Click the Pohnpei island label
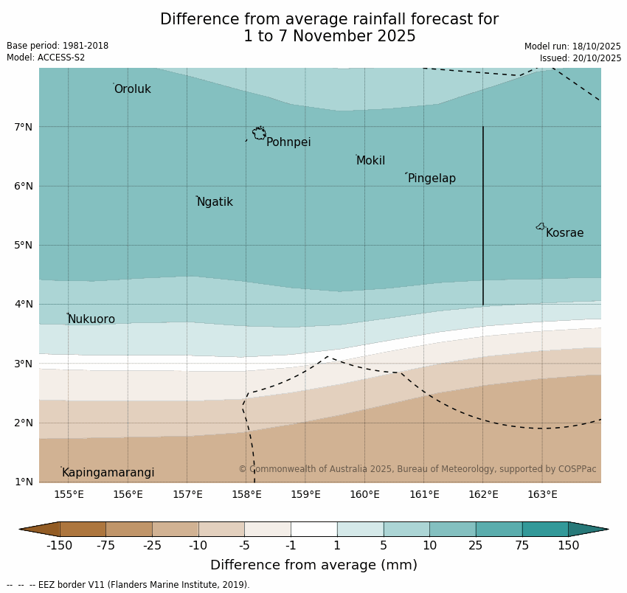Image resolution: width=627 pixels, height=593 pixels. [x=288, y=142]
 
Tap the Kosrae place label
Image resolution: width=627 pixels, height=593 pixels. [x=564, y=233]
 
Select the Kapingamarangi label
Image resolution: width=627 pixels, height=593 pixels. [x=108, y=473]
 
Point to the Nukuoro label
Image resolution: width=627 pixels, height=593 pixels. [x=91, y=319]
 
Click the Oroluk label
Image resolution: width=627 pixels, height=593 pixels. [x=132, y=89]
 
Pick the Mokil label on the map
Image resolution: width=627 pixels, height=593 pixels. [x=370, y=161]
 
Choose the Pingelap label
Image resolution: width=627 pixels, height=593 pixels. [x=432, y=178]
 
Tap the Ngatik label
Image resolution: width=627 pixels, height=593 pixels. [x=215, y=202]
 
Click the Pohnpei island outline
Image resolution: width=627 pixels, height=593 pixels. [x=259, y=133]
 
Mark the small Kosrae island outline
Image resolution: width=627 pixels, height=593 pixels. [x=541, y=226]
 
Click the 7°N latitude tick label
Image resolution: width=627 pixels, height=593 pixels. [x=23, y=127]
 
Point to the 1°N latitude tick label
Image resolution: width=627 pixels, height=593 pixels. [x=23, y=482]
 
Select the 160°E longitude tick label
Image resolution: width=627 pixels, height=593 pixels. [x=364, y=494]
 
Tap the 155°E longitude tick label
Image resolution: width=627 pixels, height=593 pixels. [x=69, y=494]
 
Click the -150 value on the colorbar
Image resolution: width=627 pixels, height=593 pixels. [x=59, y=546]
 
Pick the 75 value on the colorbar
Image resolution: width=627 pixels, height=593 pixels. [x=522, y=546]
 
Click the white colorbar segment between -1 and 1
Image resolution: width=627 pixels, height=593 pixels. [x=313, y=529]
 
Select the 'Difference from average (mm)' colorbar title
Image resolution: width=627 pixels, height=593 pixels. [x=313, y=566]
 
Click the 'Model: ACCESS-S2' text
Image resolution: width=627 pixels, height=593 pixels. [x=46, y=58]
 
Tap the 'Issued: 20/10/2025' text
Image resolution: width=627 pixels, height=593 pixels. [x=580, y=58]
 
